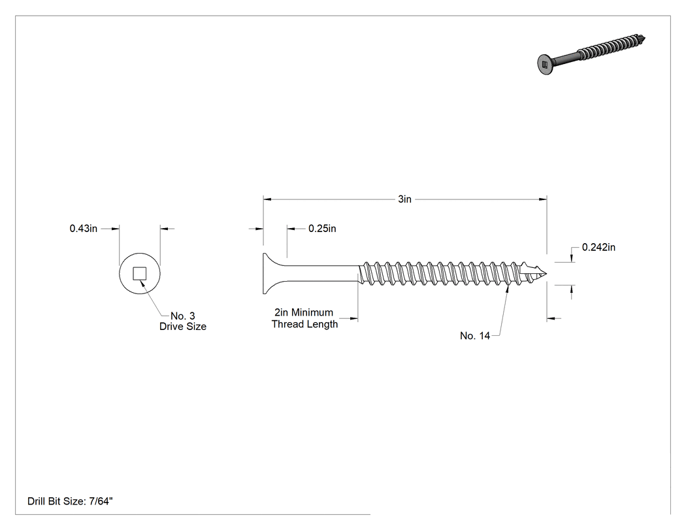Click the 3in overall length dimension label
click(404, 199)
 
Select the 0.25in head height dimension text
click(322, 229)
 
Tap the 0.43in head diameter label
click(84, 229)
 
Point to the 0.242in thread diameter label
click(598, 247)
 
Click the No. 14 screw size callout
click(475, 336)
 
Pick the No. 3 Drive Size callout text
click(183, 322)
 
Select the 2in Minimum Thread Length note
click(304, 318)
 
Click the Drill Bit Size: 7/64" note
click(70, 501)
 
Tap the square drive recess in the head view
click(140, 274)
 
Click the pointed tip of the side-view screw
click(546, 274)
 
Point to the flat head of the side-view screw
click(268, 274)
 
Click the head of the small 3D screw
click(544, 64)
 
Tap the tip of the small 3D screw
click(643, 38)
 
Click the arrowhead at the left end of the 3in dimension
click(267, 199)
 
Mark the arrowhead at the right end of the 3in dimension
click(542, 199)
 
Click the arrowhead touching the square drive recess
click(142, 282)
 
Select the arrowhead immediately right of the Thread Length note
click(354, 318)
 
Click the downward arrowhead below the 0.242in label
click(572, 258)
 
